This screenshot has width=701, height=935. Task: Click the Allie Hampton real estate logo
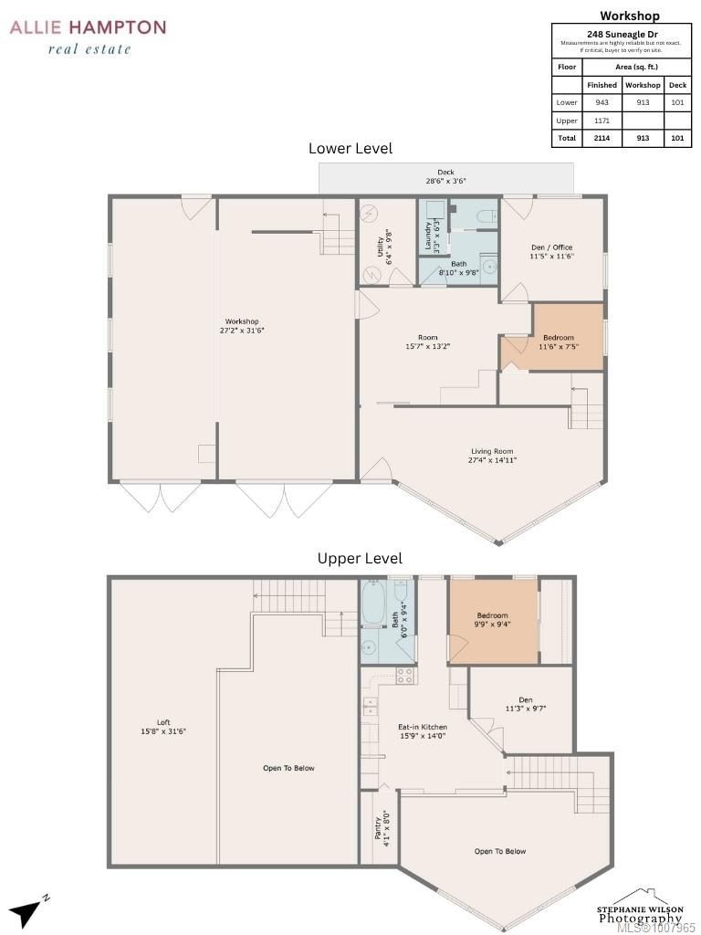(x=88, y=37)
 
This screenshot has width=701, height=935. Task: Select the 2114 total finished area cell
(x=602, y=138)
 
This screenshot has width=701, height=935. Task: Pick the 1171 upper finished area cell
(x=602, y=121)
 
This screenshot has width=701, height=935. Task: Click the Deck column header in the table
(x=676, y=85)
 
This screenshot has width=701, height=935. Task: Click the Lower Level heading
(x=350, y=148)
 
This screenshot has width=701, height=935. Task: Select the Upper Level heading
(x=360, y=558)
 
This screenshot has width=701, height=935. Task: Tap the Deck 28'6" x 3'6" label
(x=445, y=177)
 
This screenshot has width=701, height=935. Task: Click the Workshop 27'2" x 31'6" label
(x=243, y=326)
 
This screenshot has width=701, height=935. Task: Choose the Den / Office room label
(x=551, y=252)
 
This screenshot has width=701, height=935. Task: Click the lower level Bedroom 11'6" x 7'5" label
(x=559, y=342)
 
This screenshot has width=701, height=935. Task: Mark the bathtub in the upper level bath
(x=374, y=604)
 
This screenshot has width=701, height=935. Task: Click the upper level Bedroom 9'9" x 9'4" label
(x=492, y=620)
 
